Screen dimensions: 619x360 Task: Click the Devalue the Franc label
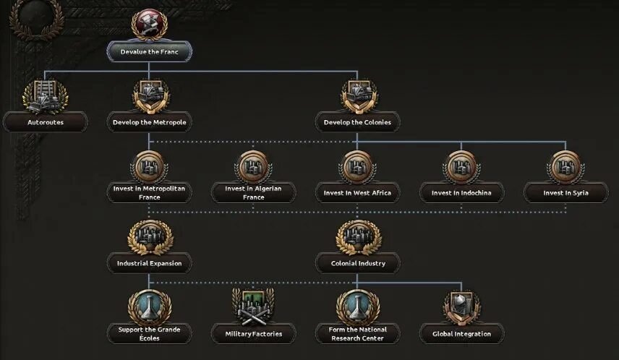(149, 52)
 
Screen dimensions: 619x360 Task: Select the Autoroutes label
(46, 122)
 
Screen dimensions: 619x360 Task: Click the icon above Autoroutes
(45, 95)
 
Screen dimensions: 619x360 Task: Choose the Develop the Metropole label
(149, 122)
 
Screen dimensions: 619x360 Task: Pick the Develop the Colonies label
(358, 122)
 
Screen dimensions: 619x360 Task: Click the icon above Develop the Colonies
(358, 95)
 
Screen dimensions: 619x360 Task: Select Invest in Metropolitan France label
(149, 192)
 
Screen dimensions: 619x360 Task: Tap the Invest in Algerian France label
(254, 192)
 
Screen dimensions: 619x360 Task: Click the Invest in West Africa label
(358, 193)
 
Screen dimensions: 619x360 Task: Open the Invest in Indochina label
(462, 193)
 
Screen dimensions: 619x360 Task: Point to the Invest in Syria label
(566, 193)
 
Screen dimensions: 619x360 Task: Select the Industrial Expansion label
(149, 263)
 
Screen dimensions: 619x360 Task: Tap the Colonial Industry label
(358, 263)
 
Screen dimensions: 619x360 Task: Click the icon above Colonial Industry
(358, 236)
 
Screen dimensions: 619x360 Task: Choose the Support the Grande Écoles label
(149, 333)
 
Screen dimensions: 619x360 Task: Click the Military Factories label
(254, 334)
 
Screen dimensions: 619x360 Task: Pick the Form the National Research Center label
(358, 333)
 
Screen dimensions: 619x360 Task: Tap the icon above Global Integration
(462, 307)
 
